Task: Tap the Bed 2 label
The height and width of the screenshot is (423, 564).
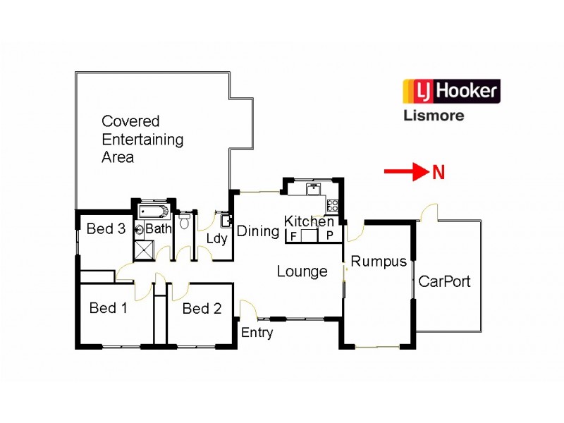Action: coord(202,308)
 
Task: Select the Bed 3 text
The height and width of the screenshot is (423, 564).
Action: coord(106,228)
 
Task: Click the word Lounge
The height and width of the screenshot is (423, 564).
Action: coord(302,271)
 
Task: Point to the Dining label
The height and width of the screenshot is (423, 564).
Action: coord(257,231)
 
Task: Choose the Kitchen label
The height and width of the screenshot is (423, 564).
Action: coord(309,221)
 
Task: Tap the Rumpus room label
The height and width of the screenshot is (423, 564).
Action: coord(379,262)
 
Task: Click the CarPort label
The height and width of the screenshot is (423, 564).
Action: coord(444,281)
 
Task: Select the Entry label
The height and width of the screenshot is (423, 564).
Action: coord(257,333)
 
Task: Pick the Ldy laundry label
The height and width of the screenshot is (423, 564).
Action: coord(216,238)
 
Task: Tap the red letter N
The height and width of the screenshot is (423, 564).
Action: coord(438,172)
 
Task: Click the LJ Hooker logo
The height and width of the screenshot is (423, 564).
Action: coord(451,91)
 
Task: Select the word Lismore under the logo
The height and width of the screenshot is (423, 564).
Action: coord(433,115)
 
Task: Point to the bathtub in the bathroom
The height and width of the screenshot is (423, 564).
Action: coord(152,211)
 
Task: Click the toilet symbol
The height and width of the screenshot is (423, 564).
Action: coord(185,223)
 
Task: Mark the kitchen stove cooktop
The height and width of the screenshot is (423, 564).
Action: coord(332,206)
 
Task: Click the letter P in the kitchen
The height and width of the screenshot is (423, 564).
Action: coord(329,236)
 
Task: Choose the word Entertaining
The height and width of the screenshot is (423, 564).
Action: coord(142,139)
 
